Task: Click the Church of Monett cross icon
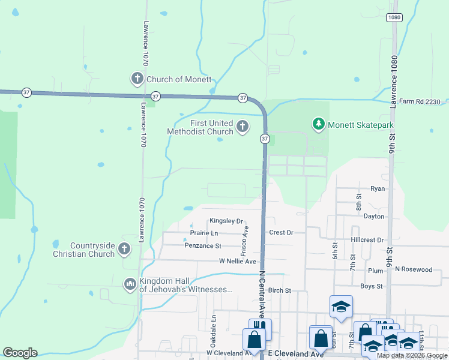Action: [137, 79]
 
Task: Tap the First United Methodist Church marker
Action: [243, 126]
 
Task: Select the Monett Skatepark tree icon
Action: [318, 125]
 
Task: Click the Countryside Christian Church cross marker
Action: [124, 248]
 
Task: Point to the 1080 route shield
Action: [394, 17]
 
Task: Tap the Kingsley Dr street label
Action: [226, 221]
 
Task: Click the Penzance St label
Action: [203, 246]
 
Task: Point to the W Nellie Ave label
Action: [237, 262]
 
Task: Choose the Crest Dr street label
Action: [281, 233]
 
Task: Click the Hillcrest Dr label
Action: [367, 240]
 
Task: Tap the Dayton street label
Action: [373, 216]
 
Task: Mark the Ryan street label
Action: [377, 188]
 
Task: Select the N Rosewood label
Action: [413, 269]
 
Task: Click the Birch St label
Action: [279, 290]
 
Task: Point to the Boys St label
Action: [371, 286]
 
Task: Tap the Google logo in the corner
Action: [20, 353]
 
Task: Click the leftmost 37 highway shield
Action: [26, 92]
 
